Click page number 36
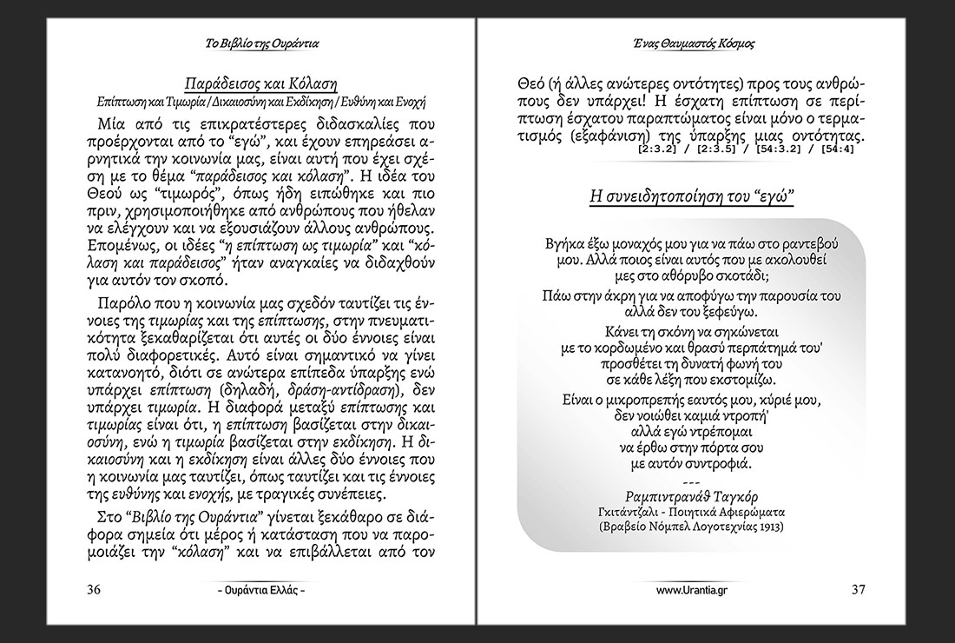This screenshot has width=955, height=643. point(95,590)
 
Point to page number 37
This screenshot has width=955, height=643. point(858,590)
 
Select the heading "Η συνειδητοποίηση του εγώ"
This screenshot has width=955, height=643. point(692,196)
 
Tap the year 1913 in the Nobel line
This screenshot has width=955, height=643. point(767,526)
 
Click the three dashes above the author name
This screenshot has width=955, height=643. point(691,482)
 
